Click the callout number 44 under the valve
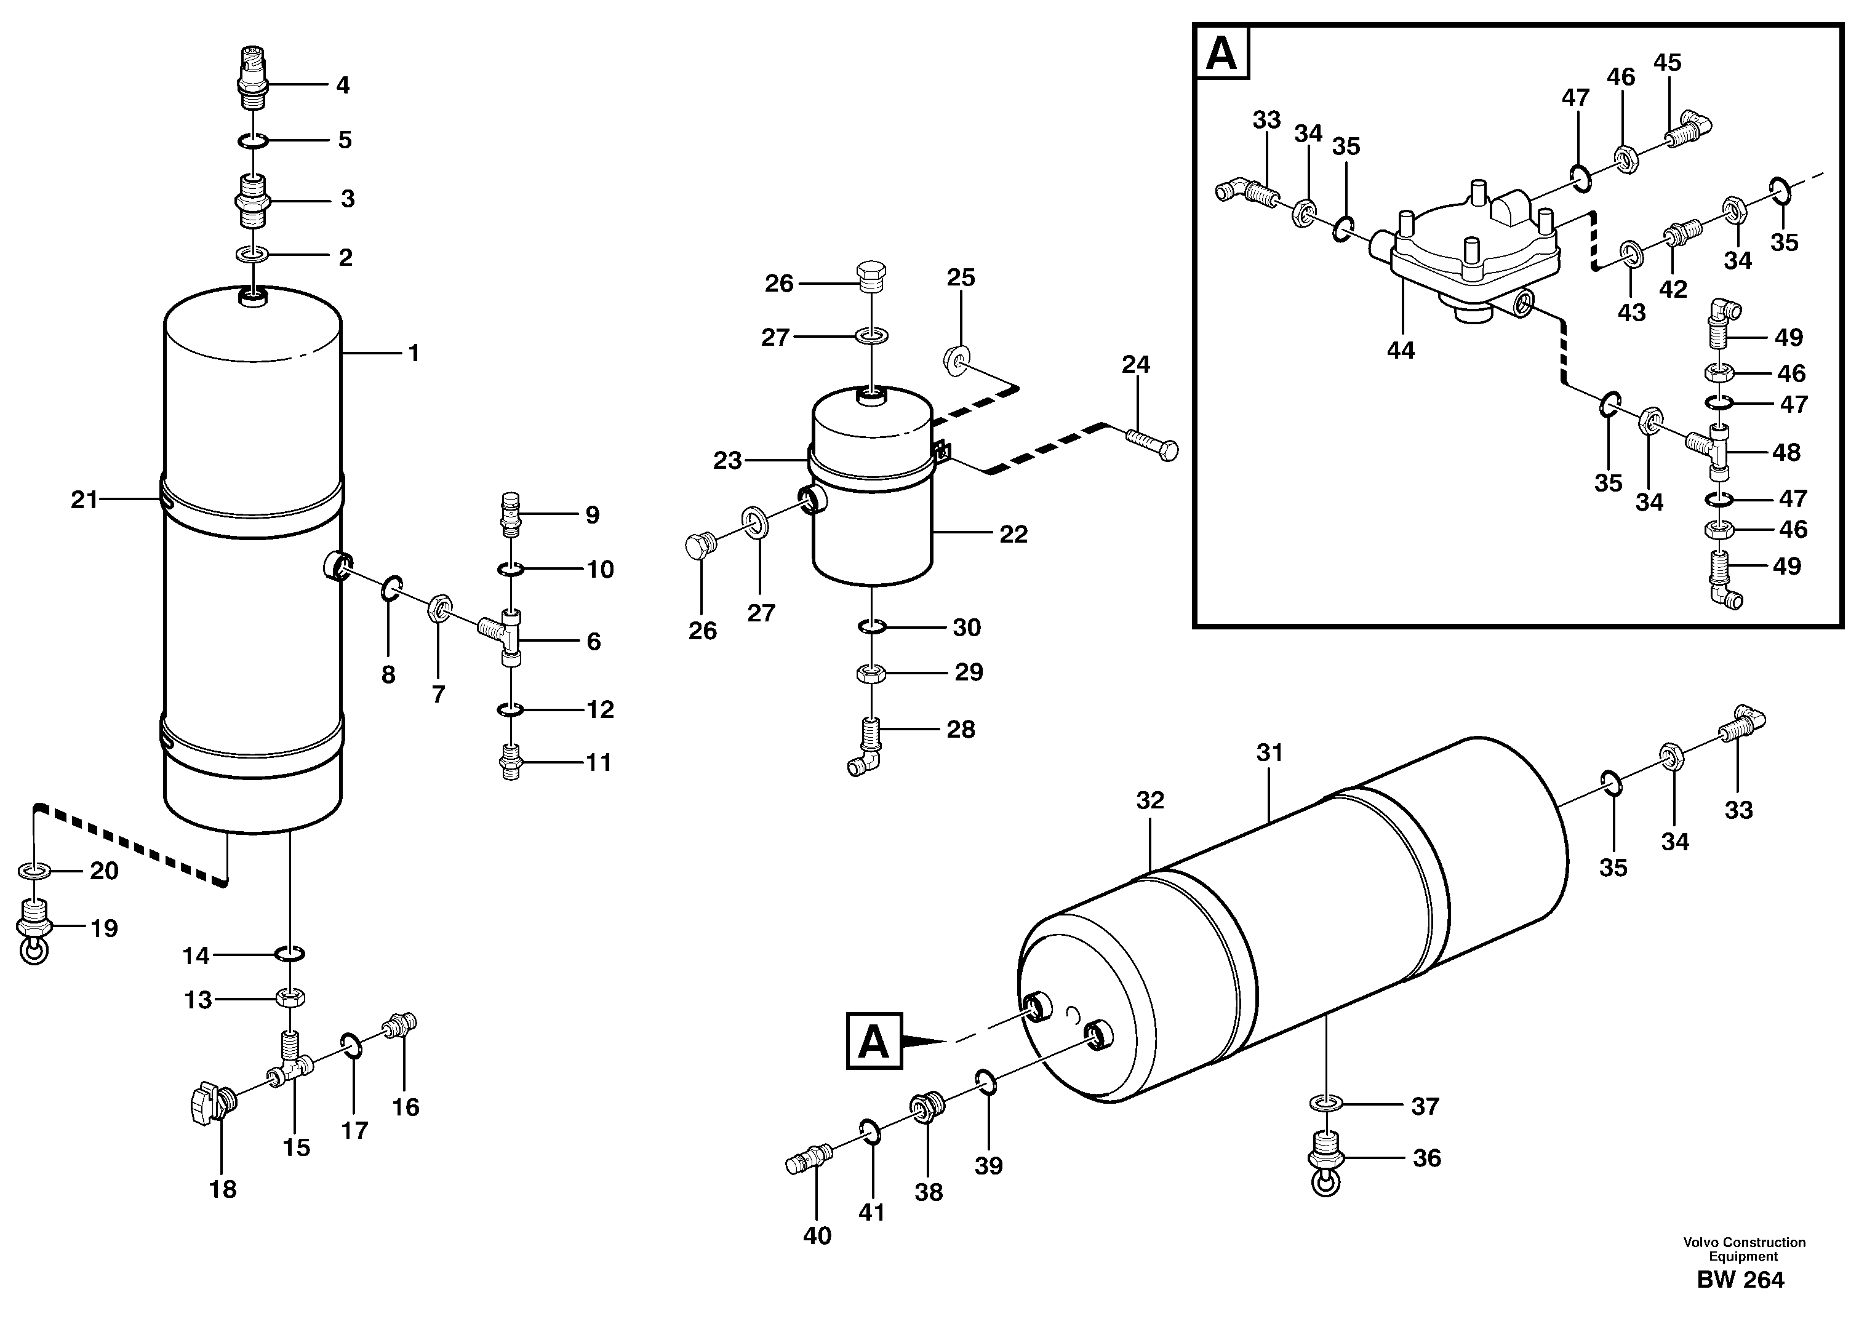click(x=1400, y=350)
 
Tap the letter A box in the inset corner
click(x=1221, y=54)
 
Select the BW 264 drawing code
click(x=1740, y=1280)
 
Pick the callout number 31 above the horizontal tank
click(x=1269, y=752)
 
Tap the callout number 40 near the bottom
click(x=817, y=1235)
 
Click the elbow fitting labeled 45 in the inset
click(x=1689, y=130)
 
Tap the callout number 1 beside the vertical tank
click(x=414, y=353)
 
